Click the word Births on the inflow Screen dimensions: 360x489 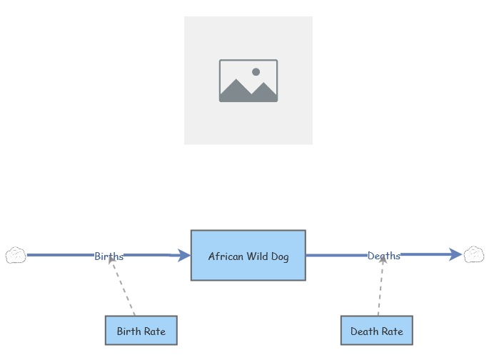(x=109, y=256)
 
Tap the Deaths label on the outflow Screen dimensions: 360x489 (x=383, y=256)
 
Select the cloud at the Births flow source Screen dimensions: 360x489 (x=16, y=255)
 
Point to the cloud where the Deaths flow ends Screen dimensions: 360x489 (x=474, y=254)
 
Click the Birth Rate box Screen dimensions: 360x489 (x=141, y=331)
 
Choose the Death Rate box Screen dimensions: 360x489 (x=376, y=331)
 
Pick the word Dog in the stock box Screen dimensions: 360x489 (x=281, y=256)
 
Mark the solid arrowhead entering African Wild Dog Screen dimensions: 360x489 (x=184, y=255)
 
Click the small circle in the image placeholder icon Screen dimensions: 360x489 (x=256, y=72)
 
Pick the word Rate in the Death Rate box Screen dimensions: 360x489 (x=391, y=331)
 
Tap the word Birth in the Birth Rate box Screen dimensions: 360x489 (x=128, y=331)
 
